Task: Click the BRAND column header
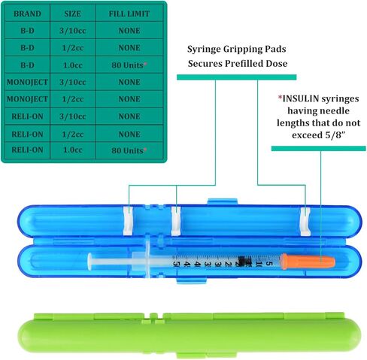point(27,14)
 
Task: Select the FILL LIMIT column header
point(129,14)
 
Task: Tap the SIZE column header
point(72,14)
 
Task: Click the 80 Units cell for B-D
point(129,65)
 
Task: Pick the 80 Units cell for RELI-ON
point(129,150)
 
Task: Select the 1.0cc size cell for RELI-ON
point(73,150)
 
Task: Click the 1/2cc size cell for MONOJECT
point(73,99)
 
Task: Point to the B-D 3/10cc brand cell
point(27,31)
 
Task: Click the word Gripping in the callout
point(241,49)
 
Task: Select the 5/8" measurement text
point(335,135)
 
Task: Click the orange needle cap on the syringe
point(308,262)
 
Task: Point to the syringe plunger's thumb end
point(89,261)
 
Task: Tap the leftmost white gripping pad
point(129,221)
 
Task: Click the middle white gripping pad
point(176,221)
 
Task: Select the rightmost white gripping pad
point(305,222)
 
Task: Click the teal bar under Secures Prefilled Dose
point(237,77)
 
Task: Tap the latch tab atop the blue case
point(223,201)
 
